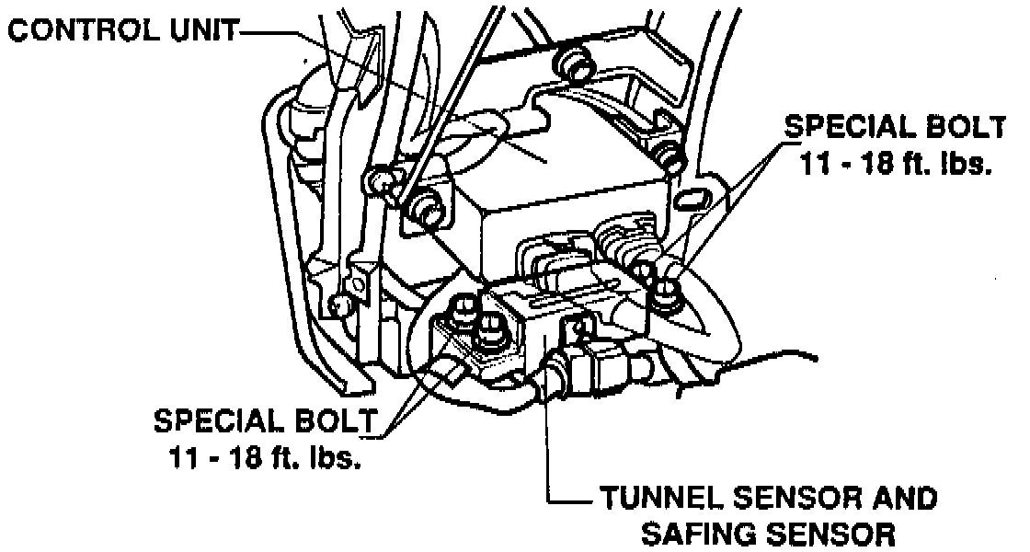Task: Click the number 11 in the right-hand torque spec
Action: point(809,167)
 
